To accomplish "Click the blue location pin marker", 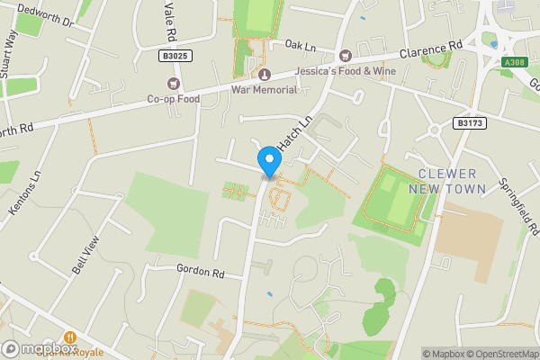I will [268, 162].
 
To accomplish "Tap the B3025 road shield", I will [176, 56].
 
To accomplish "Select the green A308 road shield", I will [513, 62].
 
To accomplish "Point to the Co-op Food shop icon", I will [174, 84].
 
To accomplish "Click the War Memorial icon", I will [265, 74].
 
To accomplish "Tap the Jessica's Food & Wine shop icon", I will [346, 56].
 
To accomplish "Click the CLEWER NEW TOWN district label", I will [446, 181].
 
